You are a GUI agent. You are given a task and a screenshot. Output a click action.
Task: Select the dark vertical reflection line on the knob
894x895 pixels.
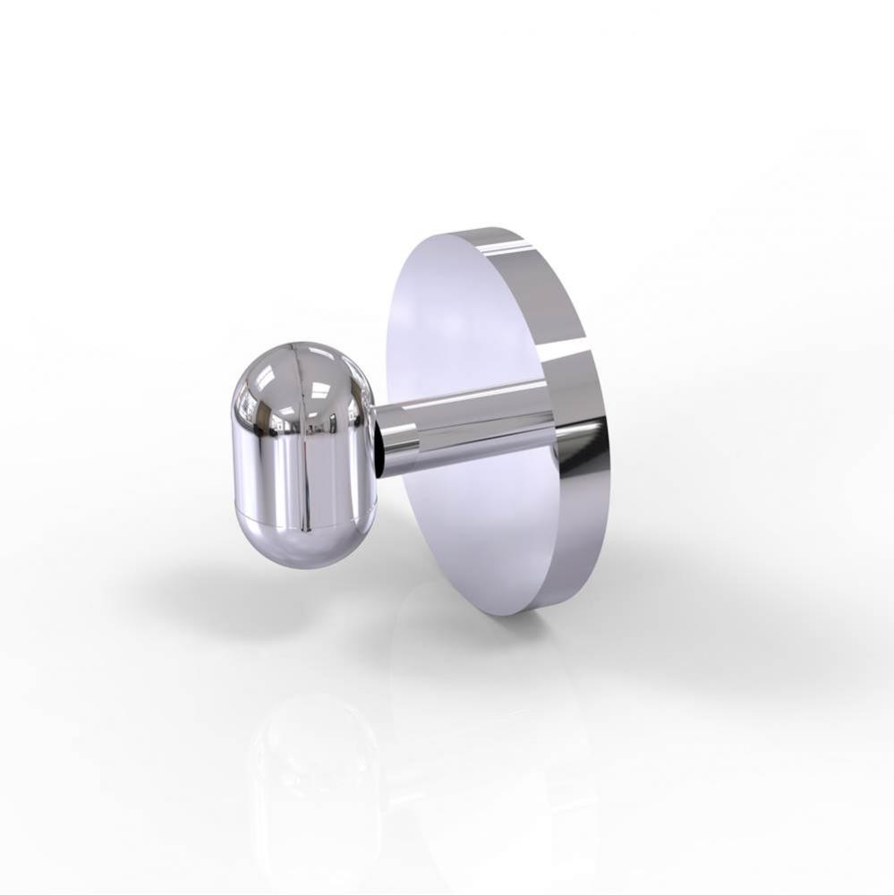[302, 465]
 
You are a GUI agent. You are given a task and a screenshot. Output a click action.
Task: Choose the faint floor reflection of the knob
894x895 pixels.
[313, 770]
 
